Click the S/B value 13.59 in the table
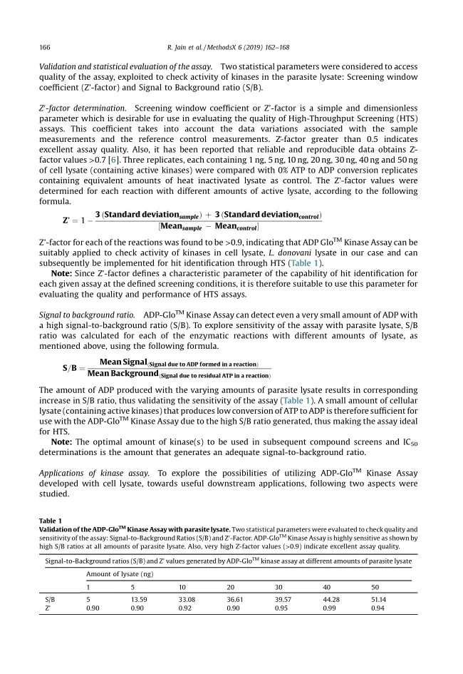tap(140, 600)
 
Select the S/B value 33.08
tap(187, 600)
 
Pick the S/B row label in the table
tap(49, 600)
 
